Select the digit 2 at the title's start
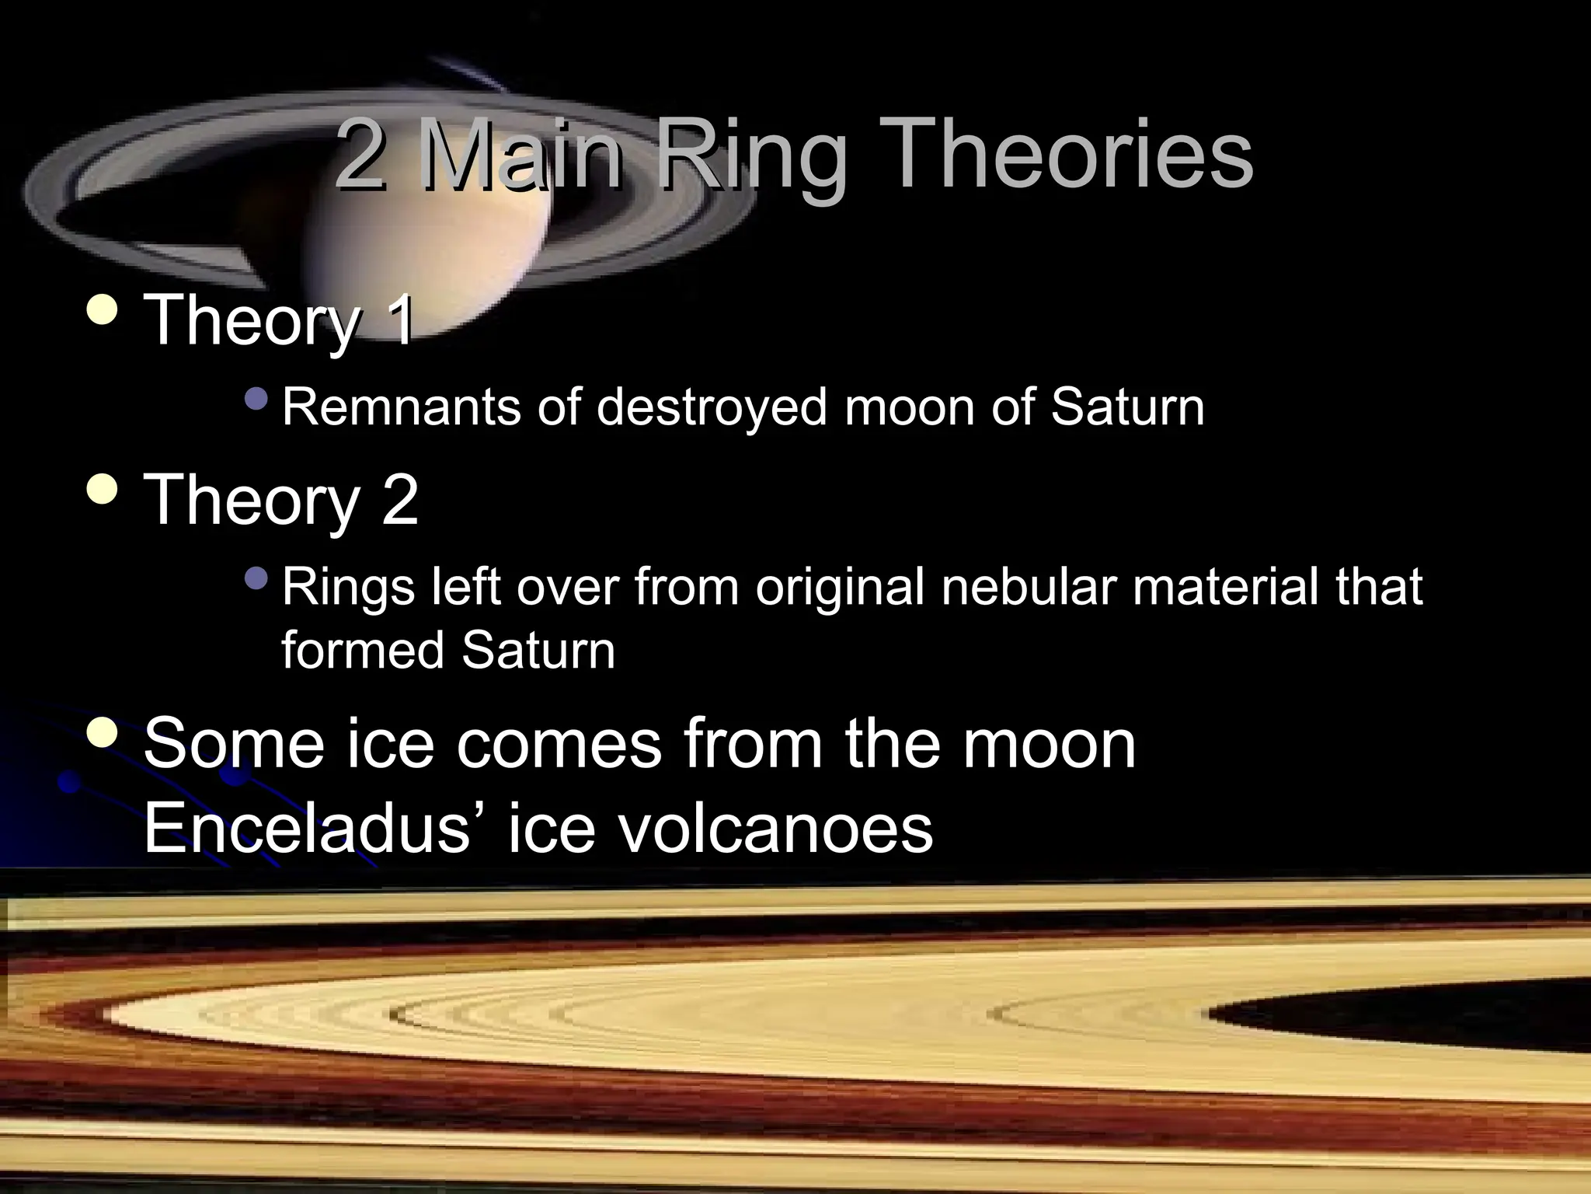[361, 155]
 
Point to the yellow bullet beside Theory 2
[103, 489]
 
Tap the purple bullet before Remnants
[255, 400]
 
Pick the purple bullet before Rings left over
[255, 578]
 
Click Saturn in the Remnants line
[1127, 407]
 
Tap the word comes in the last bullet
[559, 745]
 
